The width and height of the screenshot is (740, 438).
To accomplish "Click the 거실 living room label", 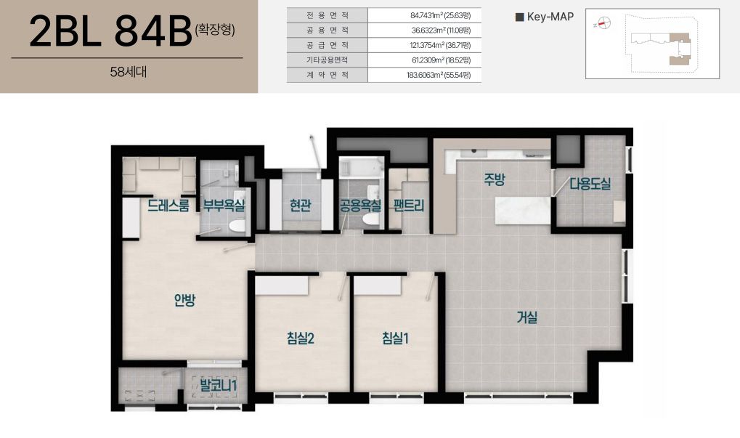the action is pyautogui.click(x=526, y=317).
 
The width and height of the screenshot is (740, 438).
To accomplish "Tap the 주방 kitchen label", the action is pyautogui.click(x=494, y=179).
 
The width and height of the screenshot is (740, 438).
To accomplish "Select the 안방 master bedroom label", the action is pyautogui.click(x=184, y=300).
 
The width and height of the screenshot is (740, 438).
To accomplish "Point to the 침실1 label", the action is pyautogui.click(x=395, y=338).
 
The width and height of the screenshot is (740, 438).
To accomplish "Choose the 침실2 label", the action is pyautogui.click(x=301, y=338).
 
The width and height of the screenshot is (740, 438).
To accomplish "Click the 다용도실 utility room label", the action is pyautogui.click(x=590, y=184).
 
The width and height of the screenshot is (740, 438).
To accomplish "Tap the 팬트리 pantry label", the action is pyautogui.click(x=409, y=206).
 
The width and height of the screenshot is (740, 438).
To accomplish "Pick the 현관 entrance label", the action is pyautogui.click(x=300, y=206).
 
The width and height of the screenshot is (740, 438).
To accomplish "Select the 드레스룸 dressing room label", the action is pyautogui.click(x=168, y=206).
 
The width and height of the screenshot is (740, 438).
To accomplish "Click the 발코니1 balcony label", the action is pyautogui.click(x=218, y=385).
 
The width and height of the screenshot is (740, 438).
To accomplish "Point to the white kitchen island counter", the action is pyautogui.click(x=523, y=211).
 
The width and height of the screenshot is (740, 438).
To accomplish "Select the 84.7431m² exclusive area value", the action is pyautogui.click(x=441, y=15).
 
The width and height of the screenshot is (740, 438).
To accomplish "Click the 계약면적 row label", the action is pyautogui.click(x=328, y=75).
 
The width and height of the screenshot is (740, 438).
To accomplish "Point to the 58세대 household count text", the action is pyautogui.click(x=129, y=72).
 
